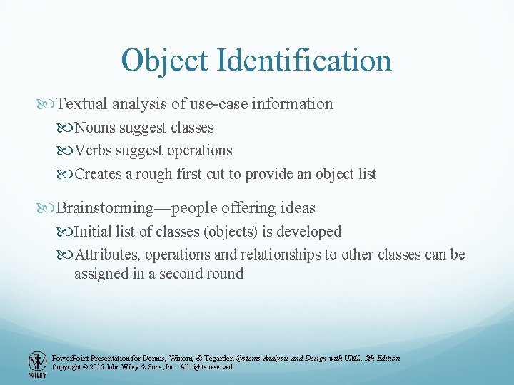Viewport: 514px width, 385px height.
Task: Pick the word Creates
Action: point(99,174)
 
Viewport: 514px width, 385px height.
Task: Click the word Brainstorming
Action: point(104,208)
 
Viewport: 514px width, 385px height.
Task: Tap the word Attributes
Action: point(107,255)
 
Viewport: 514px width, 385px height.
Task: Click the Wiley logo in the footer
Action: point(37,364)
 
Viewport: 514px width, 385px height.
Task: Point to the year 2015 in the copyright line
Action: point(99,367)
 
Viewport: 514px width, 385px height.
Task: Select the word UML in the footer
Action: point(351,358)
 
